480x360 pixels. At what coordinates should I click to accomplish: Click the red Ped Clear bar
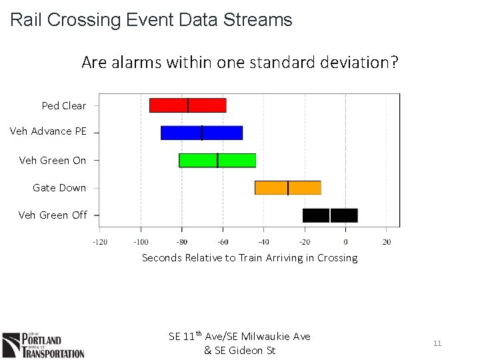tap(187, 105)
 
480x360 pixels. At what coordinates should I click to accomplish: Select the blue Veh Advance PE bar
tap(201, 133)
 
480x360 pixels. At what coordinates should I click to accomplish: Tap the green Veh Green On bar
tap(217, 160)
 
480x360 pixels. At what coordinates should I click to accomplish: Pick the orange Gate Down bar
tap(287, 187)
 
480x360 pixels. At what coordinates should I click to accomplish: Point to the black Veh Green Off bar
tap(329, 215)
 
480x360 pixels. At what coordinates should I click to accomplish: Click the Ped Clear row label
tap(64, 105)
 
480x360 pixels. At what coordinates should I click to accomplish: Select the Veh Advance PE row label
tap(48, 131)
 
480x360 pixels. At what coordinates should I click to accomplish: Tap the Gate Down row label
tap(59, 188)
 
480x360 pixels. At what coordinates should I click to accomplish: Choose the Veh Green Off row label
tap(53, 215)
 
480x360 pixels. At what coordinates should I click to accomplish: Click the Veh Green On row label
tap(53, 160)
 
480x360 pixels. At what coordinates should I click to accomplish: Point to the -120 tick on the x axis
tap(99, 241)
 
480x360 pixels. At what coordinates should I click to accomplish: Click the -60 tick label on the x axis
tap(223, 241)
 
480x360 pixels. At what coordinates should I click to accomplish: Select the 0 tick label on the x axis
tap(345, 241)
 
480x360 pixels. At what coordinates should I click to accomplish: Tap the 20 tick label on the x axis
tap(387, 241)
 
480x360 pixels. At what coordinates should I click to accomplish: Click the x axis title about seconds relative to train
tap(249, 258)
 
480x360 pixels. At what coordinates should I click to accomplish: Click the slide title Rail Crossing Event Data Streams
tap(151, 20)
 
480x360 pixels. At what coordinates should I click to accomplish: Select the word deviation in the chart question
tap(361, 63)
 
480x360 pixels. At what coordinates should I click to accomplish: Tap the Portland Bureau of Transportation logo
tap(43, 345)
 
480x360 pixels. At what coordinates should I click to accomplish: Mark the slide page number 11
tap(437, 343)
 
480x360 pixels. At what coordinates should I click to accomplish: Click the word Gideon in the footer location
tap(257, 351)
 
